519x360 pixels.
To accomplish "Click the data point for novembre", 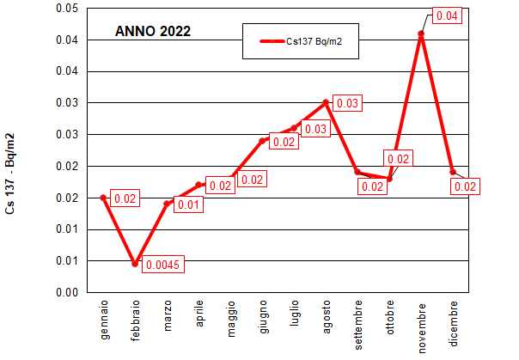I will click(x=421, y=34).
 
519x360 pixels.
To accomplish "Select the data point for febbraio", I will click(x=135, y=264).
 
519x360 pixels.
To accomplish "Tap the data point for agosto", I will click(x=326, y=102).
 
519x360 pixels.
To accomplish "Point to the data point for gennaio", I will click(x=103, y=198).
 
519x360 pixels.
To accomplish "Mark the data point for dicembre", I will click(x=453, y=172).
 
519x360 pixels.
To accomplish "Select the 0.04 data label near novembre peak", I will click(x=447, y=16).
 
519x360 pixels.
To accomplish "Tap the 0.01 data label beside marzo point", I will click(x=188, y=204).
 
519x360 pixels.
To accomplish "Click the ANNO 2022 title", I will click(x=153, y=31).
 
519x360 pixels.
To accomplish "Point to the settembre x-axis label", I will click(x=358, y=321).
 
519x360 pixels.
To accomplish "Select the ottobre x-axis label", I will click(x=390, y=316).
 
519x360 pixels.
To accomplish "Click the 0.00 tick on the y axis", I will click(x=66, y=292).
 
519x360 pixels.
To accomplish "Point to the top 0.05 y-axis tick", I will click(x=66, y=9).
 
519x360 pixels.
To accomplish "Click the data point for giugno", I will click(x=263, y=141).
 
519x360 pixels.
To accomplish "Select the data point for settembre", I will click(x=357, y=172).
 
